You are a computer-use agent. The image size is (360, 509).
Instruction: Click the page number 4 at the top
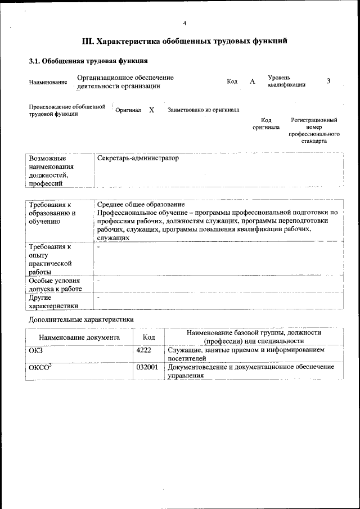coord(184,23)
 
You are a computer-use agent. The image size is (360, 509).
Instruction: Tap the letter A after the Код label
coord(253,82)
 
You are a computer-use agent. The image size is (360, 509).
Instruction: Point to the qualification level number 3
coord(328,81)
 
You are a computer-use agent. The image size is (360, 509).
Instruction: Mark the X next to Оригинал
coord(152,110)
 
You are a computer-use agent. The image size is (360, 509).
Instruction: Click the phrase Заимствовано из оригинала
coord(204,110)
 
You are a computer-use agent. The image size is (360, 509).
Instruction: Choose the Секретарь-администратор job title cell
coord(138,159)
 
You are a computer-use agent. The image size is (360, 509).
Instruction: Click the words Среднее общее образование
coord(141,204)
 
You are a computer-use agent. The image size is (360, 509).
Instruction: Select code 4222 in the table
coord(144,350)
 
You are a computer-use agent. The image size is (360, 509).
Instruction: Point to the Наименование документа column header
coord(79,337)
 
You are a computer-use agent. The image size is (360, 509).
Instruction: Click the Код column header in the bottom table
coord(149,337)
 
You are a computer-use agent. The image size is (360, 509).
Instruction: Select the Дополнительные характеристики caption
coord(82,319)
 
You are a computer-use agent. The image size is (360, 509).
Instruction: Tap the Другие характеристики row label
coord(53,301)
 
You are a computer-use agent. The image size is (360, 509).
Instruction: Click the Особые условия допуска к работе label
coord(55,285)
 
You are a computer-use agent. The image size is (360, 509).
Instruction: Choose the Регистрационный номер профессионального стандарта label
coord(314,131)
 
